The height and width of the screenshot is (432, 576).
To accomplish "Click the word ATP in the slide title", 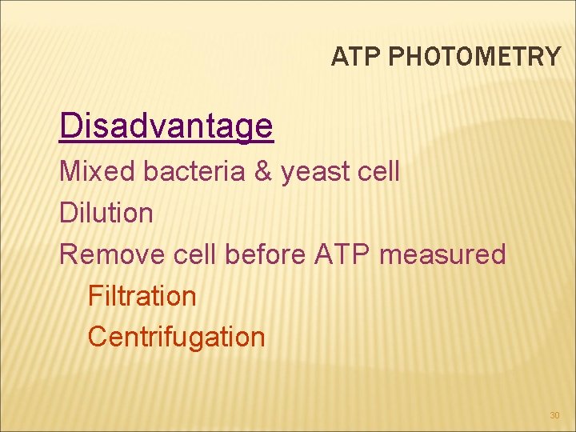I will point(349,57).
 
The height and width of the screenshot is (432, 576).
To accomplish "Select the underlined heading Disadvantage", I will point(166,126).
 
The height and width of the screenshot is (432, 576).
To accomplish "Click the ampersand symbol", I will point(262,171).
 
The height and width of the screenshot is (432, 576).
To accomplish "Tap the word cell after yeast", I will point(378,171).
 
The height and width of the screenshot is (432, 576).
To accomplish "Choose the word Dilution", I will point(106,213).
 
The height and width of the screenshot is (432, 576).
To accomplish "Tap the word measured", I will point(443,254).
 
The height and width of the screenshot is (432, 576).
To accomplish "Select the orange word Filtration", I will point(142,296).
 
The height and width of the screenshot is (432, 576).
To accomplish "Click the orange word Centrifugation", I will point(176,338).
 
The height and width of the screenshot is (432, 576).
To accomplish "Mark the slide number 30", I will point(554,415).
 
